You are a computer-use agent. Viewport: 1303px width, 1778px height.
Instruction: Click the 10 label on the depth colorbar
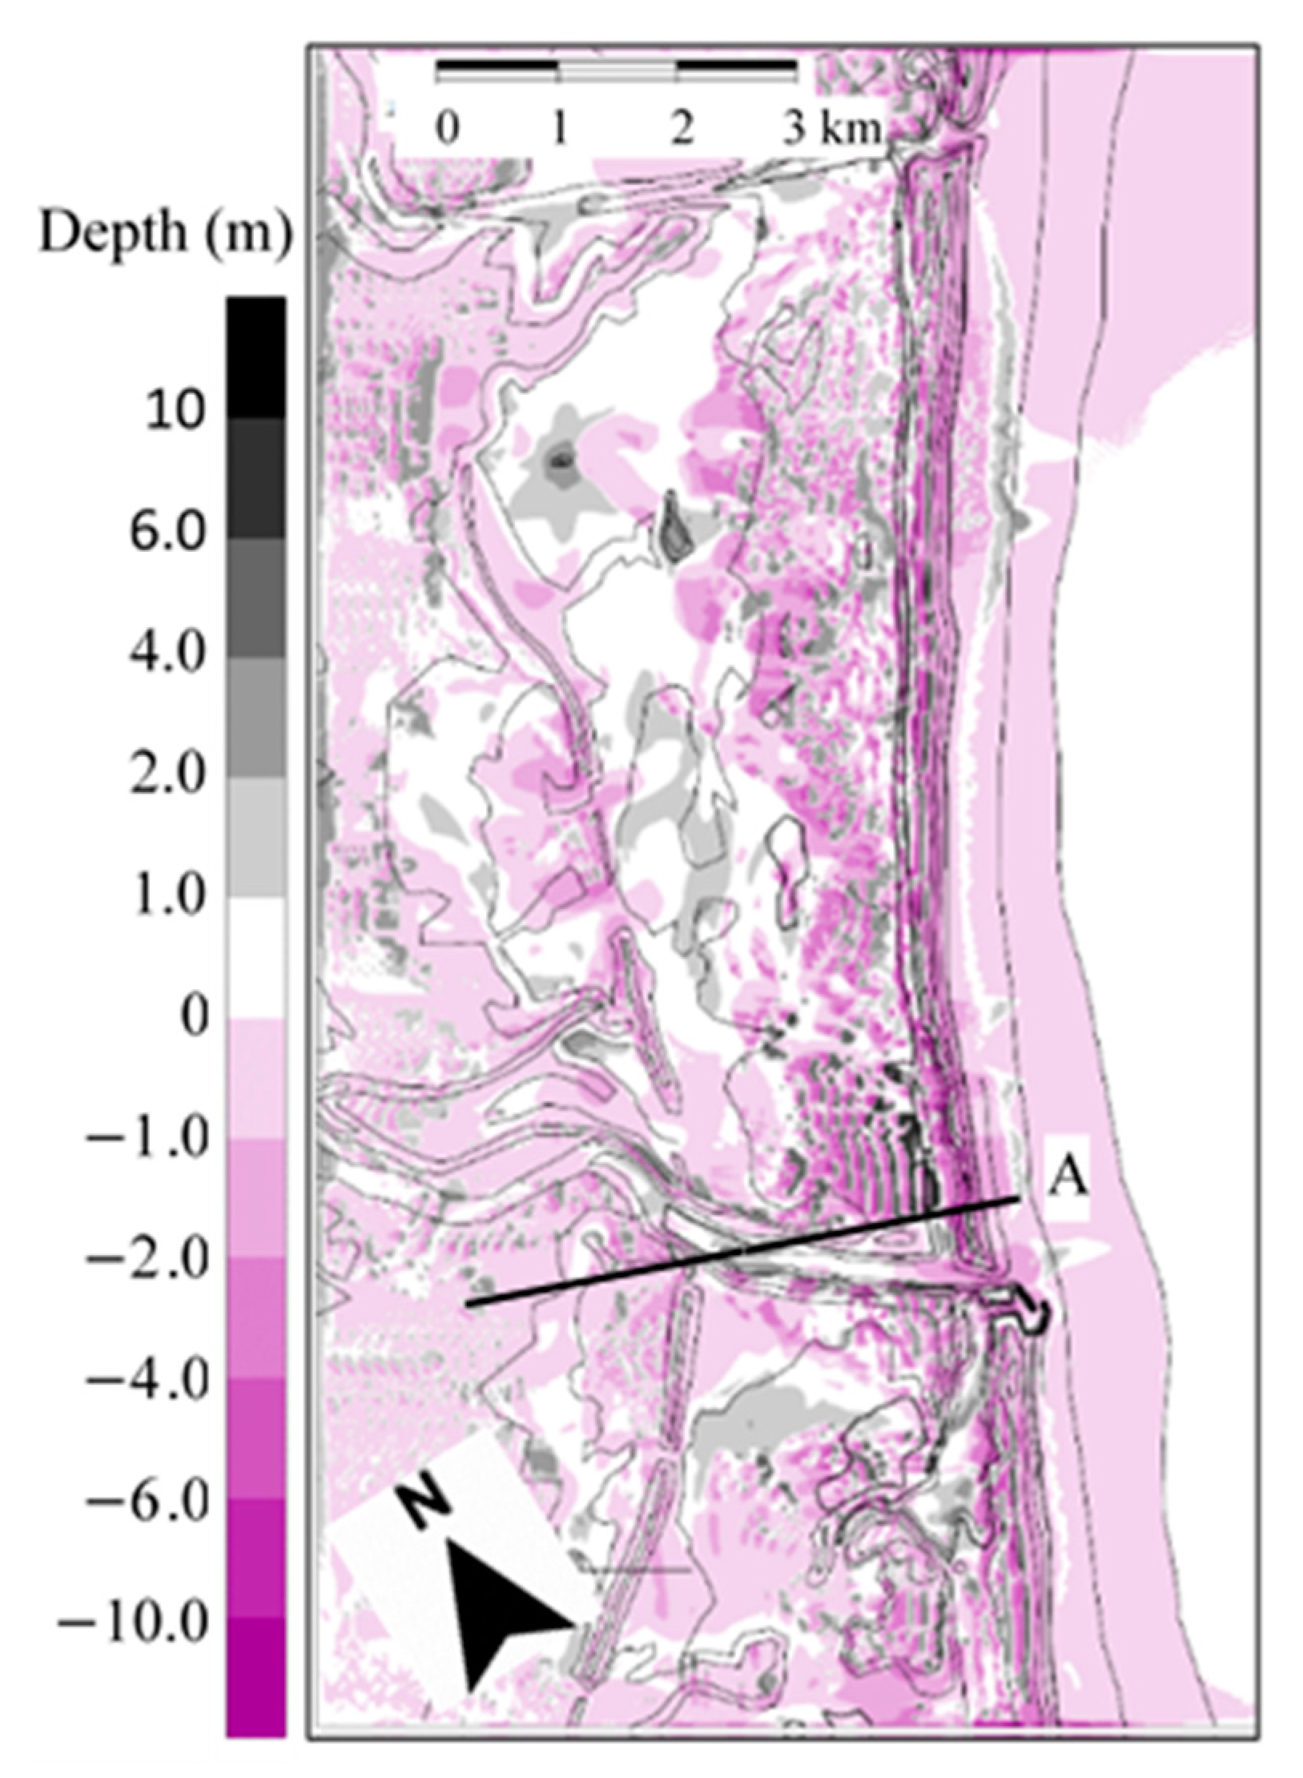pyautogui.click(x=174, y=413)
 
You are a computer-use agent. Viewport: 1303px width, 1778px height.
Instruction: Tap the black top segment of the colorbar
pyautogui.click(x=255, y=357)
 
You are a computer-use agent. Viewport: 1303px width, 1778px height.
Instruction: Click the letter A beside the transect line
pyautogui.click(x=1068, y=1179)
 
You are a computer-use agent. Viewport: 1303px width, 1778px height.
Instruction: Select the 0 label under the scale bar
pyautogui.click(x=448, y=130)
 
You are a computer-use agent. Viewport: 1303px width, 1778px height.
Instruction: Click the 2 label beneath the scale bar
pyautogui.click(x=682, y=130)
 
